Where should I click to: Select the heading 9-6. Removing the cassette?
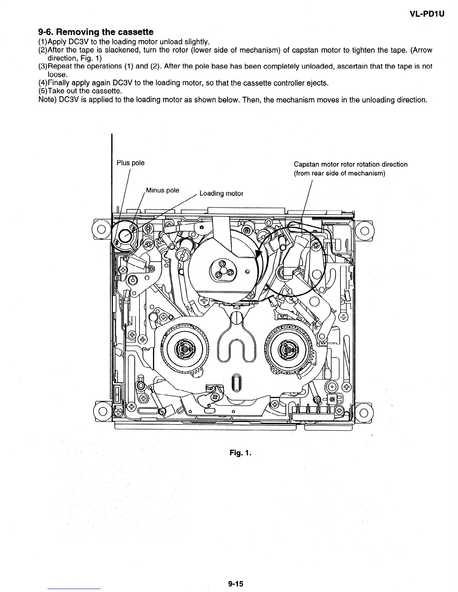pos(96,32)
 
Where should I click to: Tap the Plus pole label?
pos(130,163)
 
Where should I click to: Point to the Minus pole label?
pos(162,190)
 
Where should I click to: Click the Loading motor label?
pos(221,193)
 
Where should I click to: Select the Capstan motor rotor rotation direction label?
pos(350,164)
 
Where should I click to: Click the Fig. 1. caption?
pos(240,453)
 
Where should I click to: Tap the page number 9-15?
pos(236,583)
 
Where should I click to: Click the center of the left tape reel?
pos(184,349)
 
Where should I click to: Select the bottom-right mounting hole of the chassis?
pos(364,413)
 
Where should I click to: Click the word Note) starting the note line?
pos(48,100)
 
